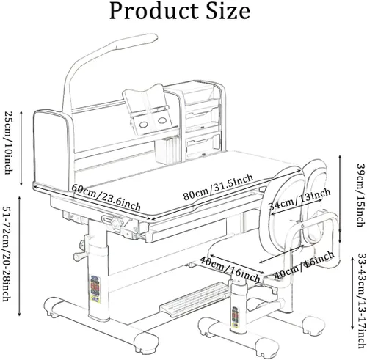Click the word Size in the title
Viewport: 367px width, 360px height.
click(x=228, y=11)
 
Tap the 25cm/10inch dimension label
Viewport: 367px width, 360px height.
click(x=9, y=142)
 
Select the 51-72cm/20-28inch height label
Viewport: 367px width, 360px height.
click(x=7, y=254)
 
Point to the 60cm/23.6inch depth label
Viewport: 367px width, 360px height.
click(x=106, y=197)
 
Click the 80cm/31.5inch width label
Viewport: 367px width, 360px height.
click(x=218, y=187)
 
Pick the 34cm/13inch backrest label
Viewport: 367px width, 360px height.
click(x=299, y=200)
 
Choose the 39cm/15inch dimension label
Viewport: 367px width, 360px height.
click(x=362, y=195)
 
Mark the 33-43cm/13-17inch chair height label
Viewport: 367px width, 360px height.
click(x=362, y=301)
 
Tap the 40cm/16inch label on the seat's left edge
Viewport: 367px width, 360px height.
click(x=230, y=269)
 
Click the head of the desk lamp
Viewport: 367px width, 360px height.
click(x=137, y=40)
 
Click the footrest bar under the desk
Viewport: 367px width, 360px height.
click(x=196, y=298)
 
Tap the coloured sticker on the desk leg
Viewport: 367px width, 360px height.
click(x=95, y=289)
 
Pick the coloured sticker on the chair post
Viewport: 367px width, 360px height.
click(x=236, y=317)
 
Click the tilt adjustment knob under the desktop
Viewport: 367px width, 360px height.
click(x=117, y=223)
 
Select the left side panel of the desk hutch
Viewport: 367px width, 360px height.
click(x=52, y=150)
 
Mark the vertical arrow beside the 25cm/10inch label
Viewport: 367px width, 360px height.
click(x=21, y=148)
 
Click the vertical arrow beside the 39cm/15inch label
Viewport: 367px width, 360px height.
click(x=340, y=199)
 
